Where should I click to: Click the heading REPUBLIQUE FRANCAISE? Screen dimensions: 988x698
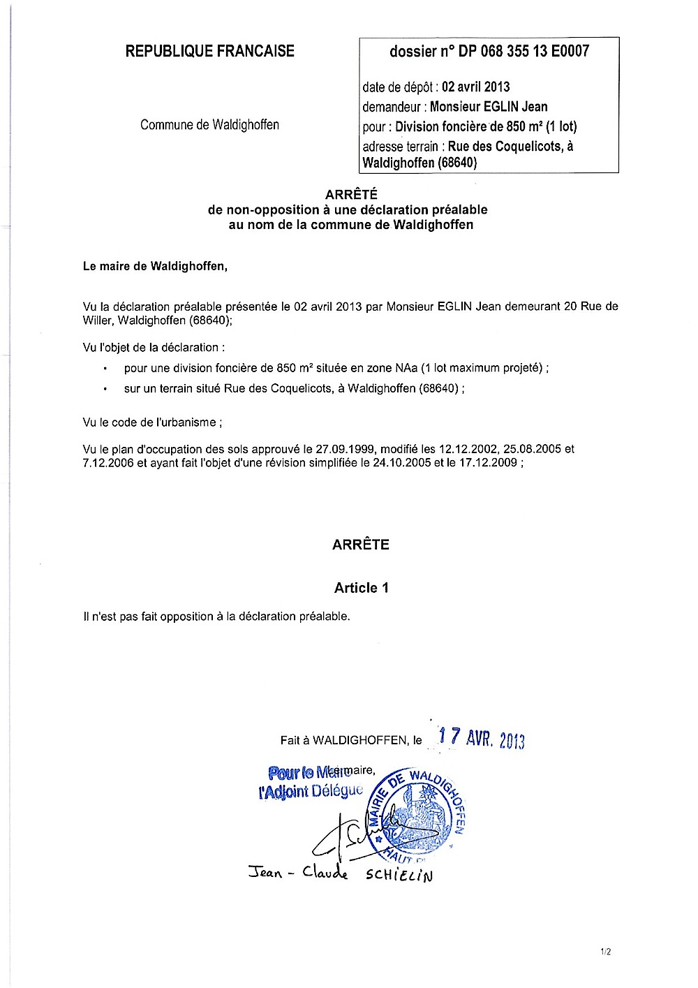click(209, 51)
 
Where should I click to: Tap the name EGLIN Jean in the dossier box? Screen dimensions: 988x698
click(517, 107)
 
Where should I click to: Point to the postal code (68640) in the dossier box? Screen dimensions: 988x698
click(458, 163)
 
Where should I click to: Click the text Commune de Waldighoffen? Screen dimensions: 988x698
click(209, 125)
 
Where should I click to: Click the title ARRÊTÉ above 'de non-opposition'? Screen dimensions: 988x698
click(351, 195)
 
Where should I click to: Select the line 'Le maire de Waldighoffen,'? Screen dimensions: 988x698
click(155, 266)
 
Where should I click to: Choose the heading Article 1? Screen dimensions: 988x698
click(361, 588)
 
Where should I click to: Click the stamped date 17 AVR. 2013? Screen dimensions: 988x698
click(481, 738)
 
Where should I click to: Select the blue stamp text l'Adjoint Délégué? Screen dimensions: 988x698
click(311, 791)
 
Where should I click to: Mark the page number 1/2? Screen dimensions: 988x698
click(605, 951)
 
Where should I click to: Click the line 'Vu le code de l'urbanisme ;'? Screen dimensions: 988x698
click(153, 422)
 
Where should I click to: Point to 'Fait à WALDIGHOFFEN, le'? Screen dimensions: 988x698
click(351, 740)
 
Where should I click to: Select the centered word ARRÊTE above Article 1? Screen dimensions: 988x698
click(361, 545)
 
